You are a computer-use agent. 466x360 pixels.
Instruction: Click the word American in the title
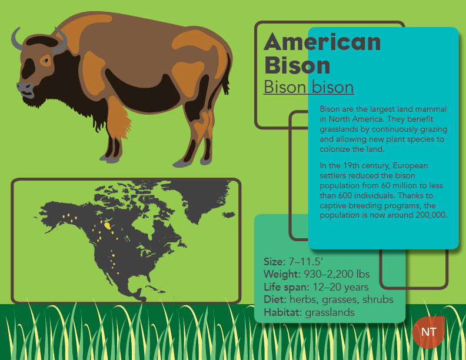pos(322,42)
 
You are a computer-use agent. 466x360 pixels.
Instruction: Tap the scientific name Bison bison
pos(308,87)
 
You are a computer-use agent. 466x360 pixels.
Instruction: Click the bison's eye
pos(46,61)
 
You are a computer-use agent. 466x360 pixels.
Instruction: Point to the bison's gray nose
pos(25,88)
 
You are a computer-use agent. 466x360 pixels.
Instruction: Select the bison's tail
pos(227,74)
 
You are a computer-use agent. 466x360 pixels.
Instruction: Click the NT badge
pos(428,332)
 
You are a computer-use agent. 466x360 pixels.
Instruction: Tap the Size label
pos(274,262)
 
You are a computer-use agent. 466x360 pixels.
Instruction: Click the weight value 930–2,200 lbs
pos(337,274)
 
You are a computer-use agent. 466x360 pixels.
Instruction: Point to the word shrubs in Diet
pos(378,299)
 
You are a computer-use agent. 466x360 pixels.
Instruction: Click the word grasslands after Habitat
pos(330,312)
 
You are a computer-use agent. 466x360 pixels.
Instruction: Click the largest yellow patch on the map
pos(108,226)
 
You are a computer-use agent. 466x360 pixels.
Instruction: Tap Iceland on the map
pos(229,215)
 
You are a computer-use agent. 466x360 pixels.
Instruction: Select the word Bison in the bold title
pos(297,65)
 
